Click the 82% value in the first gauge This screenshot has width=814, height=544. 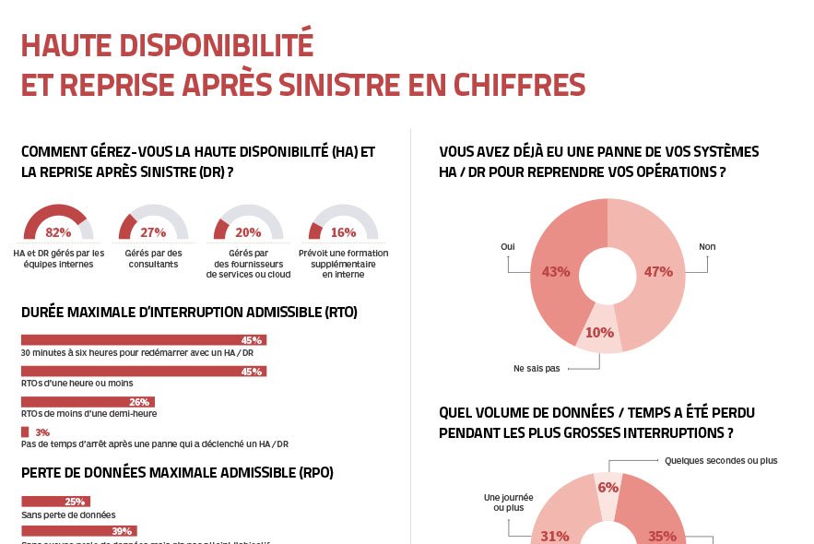point(58,232)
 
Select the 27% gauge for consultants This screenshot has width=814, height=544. point(153,232)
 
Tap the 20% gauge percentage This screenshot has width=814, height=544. point(248,232)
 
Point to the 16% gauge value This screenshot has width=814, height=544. point(343,232)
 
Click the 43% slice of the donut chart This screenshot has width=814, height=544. point(556,272)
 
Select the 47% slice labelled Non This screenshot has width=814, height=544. point(658,272)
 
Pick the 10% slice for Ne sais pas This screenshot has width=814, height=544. point(600,333)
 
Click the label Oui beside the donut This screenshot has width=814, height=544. point(507,247)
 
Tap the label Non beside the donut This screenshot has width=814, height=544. point(707,247)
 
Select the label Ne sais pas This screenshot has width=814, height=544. point(537,368)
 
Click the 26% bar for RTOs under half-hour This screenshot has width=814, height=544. point(88,402)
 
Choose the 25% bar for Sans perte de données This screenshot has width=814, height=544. point(54,502)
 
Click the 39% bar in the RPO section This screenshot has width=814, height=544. point(78,531)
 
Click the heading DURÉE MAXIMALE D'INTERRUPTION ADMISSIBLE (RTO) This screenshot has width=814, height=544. point(189,313)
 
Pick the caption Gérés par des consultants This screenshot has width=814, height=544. point(153,259)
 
